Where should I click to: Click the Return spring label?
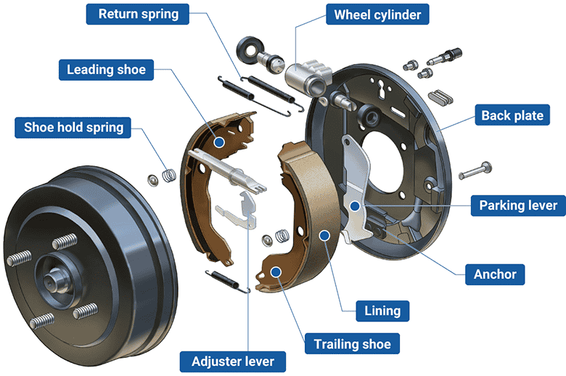point(137,14)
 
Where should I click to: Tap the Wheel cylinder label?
point(377,14)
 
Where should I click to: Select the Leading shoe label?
point(106,70)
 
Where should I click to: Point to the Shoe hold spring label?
point(73,128)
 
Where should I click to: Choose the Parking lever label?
point(518,205)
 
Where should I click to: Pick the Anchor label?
point(494,274)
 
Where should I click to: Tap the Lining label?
point(382,311)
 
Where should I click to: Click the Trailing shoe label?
point(352,343)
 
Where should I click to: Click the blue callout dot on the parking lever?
point(355,206)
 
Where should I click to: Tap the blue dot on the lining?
point(326,234)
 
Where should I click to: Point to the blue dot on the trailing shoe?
point(276,270)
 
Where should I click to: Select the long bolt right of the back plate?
point(476,172)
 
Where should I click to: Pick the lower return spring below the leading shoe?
point(228,281)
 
